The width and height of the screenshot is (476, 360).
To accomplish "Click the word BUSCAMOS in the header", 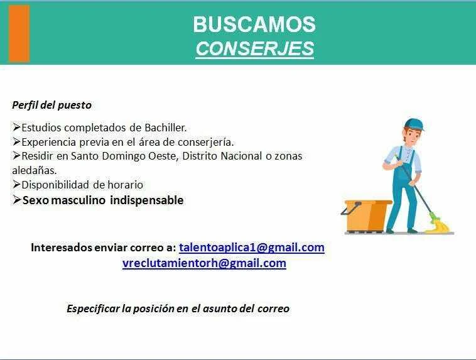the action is click(x=254, y=25).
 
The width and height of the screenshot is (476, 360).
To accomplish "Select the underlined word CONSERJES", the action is click(x=255, y=48).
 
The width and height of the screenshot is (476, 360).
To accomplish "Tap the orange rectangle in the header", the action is click(x=19, y=33).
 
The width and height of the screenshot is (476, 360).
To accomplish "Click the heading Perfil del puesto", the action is click(x=52, y=105).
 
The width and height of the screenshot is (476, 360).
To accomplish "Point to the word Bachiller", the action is click(x=165, y=128).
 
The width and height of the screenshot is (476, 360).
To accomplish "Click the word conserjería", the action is click(x=206, y=142).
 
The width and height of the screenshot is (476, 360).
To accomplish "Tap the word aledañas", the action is click(x=35, y=170).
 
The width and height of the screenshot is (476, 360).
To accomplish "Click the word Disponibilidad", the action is click(x=55, y=185).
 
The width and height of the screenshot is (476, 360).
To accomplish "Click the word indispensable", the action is click(x=147, y=200).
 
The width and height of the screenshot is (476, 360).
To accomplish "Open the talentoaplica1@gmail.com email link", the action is click(x=252, y=248).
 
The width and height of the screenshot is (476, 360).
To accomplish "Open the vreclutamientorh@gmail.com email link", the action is click(x=204, y=263).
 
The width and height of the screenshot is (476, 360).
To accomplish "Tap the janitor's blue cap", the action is click(x=414, y=124).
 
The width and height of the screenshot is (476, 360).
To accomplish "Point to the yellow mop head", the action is click(x=439, y=225).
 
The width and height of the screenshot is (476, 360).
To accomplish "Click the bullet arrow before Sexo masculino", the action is click(x=17, y=200).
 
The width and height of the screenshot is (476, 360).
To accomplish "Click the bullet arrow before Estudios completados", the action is click(x=16, y=127).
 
